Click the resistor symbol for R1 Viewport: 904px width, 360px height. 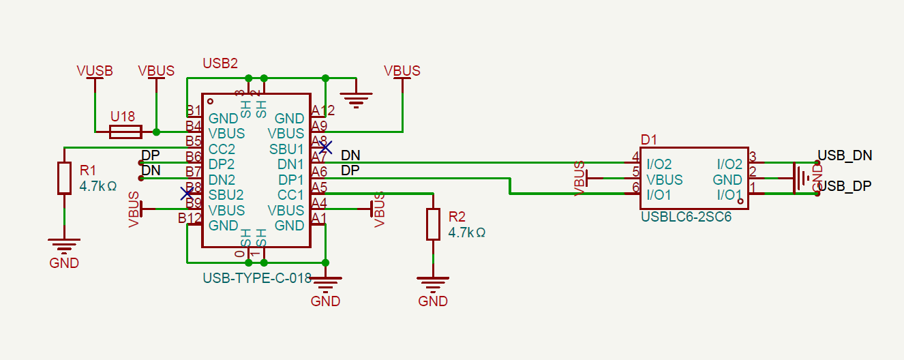coord(64,178)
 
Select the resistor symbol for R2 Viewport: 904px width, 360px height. coord(433,224)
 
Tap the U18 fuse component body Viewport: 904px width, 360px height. coord(126,132)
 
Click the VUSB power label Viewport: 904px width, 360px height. coord(95,71)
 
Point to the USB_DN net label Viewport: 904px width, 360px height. coord(845,155)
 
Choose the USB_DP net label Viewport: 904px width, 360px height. coord(845,186)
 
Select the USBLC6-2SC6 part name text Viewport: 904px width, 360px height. coord(686,217)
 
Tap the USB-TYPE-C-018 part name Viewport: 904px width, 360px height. coord(257,278)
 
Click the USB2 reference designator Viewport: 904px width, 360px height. coord(220,63)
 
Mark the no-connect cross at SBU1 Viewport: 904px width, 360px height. coord(326,147)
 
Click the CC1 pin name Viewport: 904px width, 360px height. coord(290,195)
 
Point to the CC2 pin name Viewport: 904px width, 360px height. coord(222,149)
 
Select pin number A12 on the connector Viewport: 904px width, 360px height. coord(323,110)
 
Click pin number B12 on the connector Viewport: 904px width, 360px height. coord(190,218)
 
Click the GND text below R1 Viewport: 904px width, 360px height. coord(64,263)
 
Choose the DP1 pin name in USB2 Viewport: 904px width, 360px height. coord(290,179)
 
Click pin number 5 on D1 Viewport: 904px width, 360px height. coord(635,172)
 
